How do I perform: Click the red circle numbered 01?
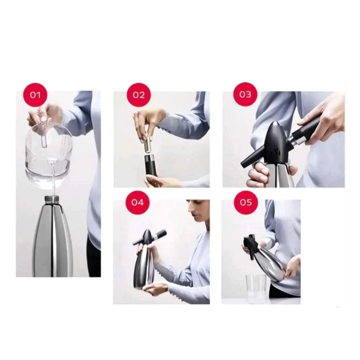point(35,95)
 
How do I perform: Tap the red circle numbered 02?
point(139,95)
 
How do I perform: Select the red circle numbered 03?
point(245,95)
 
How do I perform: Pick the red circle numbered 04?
point(137,202)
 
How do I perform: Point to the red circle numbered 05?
point(246,202)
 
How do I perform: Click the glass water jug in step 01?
point(48,154)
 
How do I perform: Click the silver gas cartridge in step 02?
point(148,144)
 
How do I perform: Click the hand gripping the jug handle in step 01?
point(45,114)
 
